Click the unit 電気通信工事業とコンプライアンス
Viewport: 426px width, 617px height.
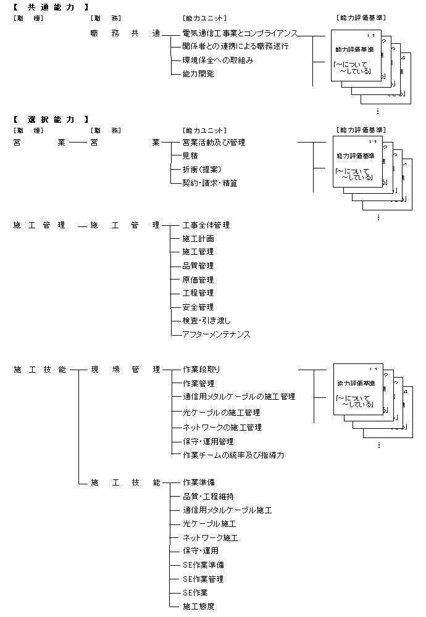(x=240, y=32)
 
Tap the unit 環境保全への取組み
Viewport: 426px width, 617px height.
(x=217, y=60)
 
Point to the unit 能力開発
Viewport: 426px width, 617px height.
(x=198, y=74)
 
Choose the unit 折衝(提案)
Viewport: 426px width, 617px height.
(x=202, y=169)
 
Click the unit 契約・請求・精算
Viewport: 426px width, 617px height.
(x=210, y=183)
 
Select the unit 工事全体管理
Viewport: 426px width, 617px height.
(x=206, y=225)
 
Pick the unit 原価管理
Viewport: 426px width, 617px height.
(x=198, y=280)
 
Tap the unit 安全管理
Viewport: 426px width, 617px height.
(x=198, y=307)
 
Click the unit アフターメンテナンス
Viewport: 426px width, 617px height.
(x=216, y=334)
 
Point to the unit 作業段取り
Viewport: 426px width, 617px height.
(x=202, y=370)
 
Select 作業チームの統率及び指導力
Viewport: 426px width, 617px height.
(x=233, y=455)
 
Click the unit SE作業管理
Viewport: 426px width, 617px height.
(x=203, y=579)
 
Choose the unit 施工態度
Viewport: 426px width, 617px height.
(x=198, y=607)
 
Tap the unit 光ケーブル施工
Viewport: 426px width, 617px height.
(x=209, y=524)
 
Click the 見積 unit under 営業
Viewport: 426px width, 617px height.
(x=190, y=156)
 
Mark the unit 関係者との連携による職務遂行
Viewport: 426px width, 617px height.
(x=235, y=46)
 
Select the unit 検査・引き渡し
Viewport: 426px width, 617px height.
(x=206, y=321)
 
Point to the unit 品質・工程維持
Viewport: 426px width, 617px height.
(x=208, y=496)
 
